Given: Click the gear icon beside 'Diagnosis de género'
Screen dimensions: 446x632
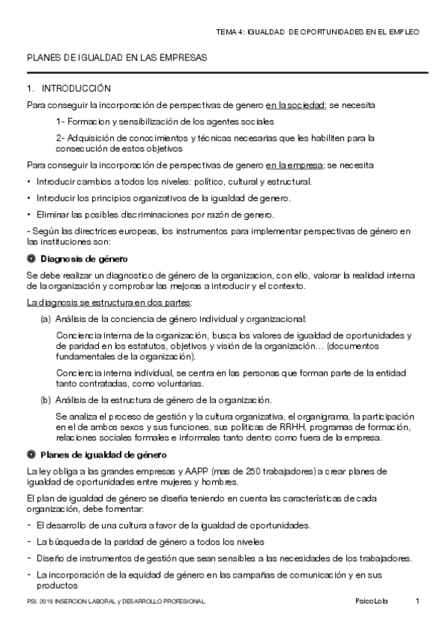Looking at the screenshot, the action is [x=31, y=259].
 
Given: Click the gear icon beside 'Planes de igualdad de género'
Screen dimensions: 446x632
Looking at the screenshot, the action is [x=31, y=455].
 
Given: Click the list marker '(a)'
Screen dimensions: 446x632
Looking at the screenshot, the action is [x=45, y=319].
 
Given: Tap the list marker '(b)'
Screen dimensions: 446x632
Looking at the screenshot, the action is [x=45, y=400].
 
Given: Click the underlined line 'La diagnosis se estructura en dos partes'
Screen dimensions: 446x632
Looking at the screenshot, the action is [x=109, y=302].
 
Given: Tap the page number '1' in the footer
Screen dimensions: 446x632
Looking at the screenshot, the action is [x=418, y=601].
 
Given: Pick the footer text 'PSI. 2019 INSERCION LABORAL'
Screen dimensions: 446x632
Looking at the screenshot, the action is [x=74, y=601].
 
